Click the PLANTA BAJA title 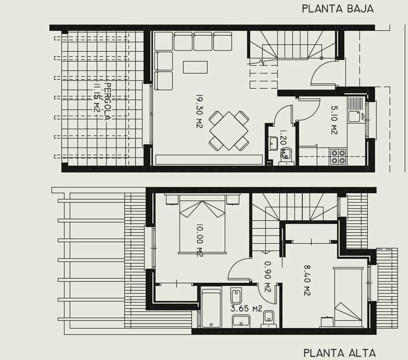338,9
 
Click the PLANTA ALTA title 339,352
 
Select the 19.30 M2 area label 199,111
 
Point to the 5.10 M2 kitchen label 334,120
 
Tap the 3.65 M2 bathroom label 246,308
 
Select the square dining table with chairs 229,131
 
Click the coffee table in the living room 195,67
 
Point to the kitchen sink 354,116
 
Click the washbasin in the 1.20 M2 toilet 273,143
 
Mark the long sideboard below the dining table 209,159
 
